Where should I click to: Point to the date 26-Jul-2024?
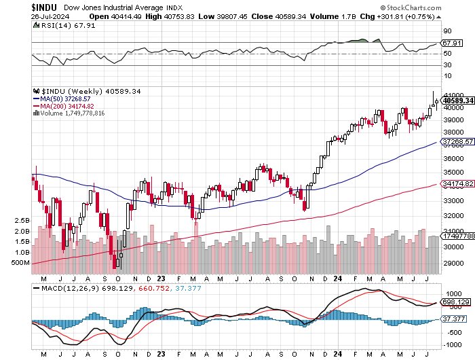click(22, 16)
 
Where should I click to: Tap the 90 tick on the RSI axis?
click(448, 31)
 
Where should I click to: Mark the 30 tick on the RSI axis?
click(448, 65)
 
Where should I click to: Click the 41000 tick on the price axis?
click(453, 95)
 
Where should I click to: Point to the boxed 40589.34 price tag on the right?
click(457, 101)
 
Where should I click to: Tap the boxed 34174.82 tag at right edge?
click(457, 183)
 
